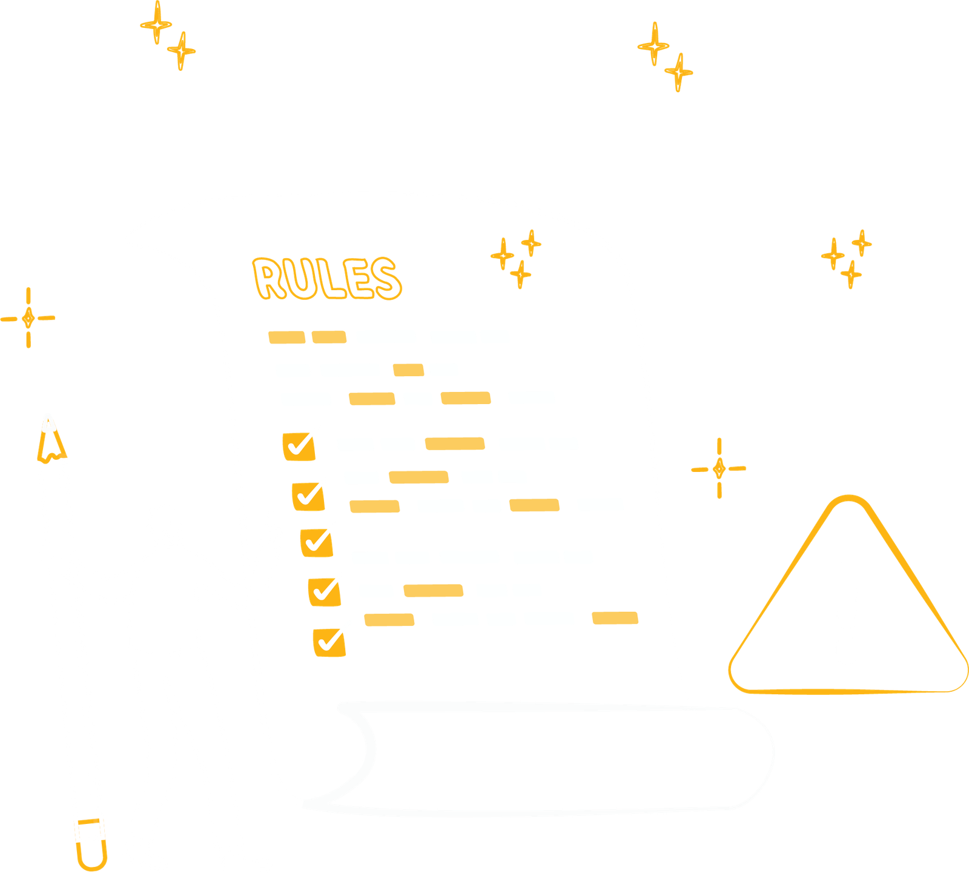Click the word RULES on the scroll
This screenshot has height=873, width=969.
pyautogui.click(x=326, y=279)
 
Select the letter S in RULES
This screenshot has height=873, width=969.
pyautogui.click(x=385, y=279)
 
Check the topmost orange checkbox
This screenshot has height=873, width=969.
pyautogui.click(x=299, y=446)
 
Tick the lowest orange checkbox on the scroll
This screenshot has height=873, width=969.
pyautogui.click(x=329, y=642)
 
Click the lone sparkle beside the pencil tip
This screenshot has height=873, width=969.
pyautogui.click(x=28, y=317)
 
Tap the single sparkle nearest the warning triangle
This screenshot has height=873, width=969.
pyautogui.click(x=719, y=468)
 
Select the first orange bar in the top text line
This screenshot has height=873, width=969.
pyautogui.click(x=287, y=337)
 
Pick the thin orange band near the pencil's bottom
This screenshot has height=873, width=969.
pyautogui.click(x=88, y=822)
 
